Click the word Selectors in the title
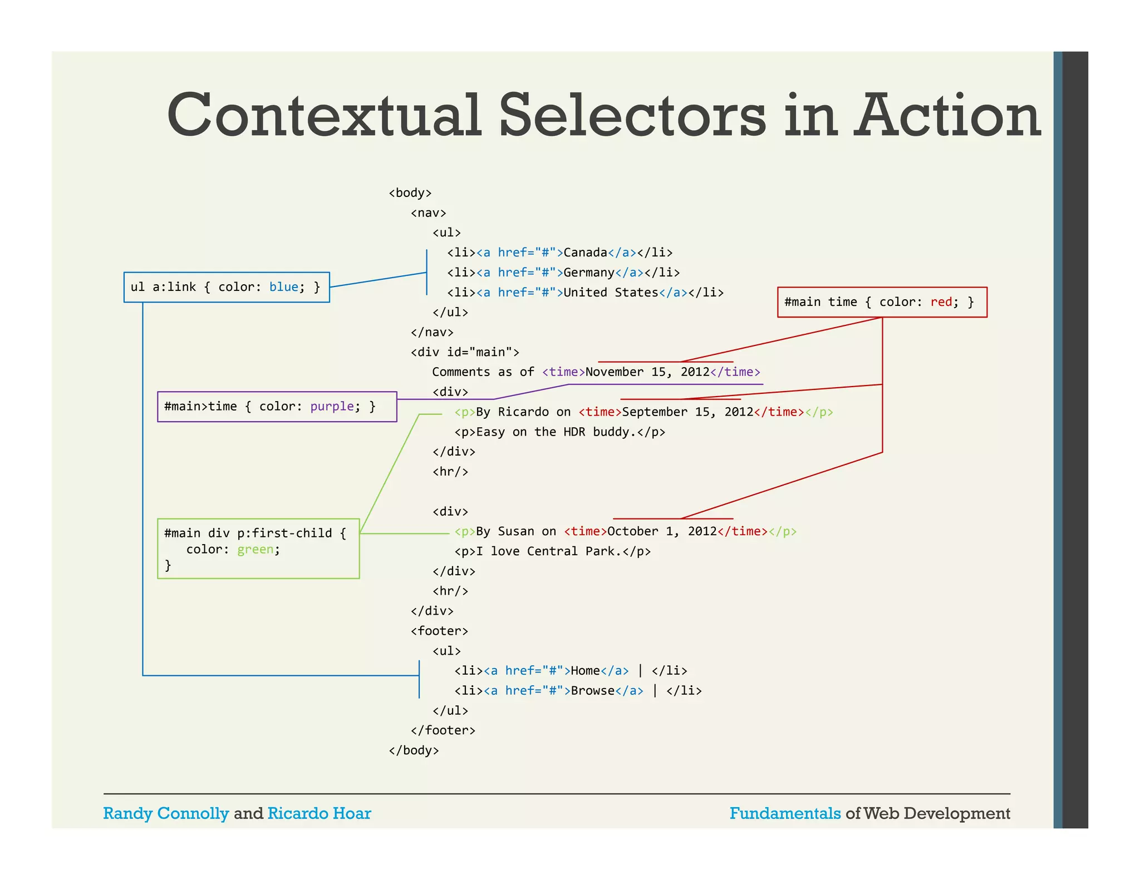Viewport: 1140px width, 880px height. tap(632, 116)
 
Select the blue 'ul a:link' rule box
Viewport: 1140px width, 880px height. tap(226, 287)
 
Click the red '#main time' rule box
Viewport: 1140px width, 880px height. tap(882, 302)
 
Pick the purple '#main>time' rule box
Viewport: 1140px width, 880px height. tap(277, 407)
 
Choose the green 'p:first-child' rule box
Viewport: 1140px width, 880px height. tap(258, 548)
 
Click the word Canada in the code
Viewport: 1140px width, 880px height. tap(585, 253)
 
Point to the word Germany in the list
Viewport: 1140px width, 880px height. tap(589, 273)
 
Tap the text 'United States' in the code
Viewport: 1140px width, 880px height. tap(611, 293)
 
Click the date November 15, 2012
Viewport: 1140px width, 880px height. tap(647, 372)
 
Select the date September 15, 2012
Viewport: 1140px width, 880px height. tap(687, 412)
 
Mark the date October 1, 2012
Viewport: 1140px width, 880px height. tap(662, 531)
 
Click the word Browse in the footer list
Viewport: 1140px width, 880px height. tap(593, 691)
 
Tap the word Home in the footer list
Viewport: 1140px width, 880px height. tap(585, 671)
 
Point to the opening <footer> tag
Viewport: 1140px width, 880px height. tap(439, 631)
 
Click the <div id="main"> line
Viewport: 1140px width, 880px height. tap(465, 352)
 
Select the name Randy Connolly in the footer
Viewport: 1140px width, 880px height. tap(166, 813)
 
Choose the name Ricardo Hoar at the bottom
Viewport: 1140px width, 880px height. tap(319, 813)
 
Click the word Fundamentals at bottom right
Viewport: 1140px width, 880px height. tap(785, 813)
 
